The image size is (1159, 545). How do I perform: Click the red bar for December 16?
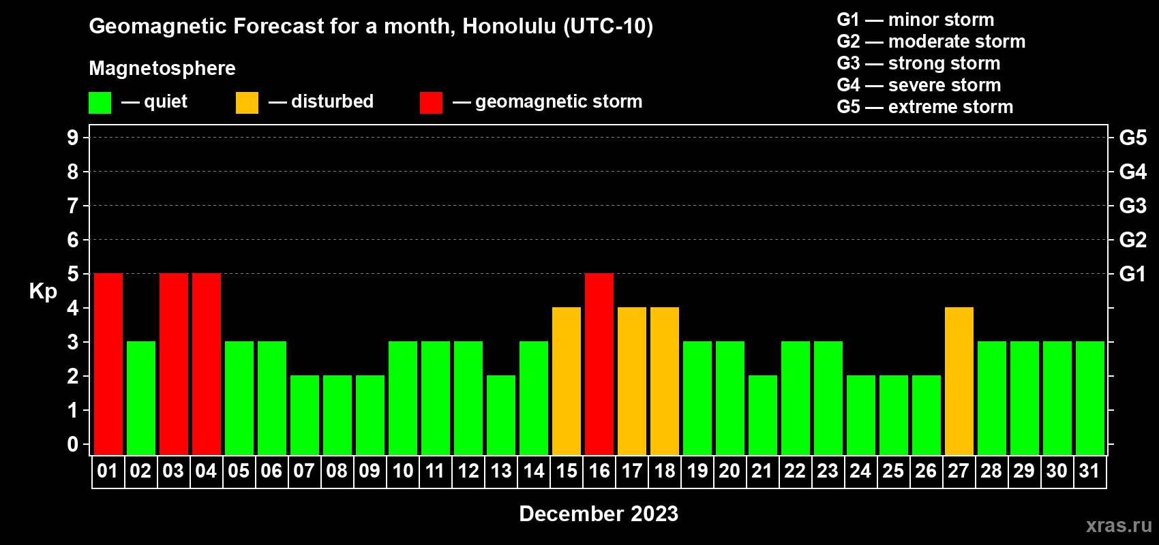[599, 364]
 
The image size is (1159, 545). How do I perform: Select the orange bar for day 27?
[959, 381]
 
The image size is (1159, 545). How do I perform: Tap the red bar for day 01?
[108, 364]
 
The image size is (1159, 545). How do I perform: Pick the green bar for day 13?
[501, 415]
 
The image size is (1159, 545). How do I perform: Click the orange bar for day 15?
[567, 381]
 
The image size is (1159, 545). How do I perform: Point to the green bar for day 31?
[1090, 398]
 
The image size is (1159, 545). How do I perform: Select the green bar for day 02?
[141, 398]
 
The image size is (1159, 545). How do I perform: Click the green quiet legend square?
[100, 102]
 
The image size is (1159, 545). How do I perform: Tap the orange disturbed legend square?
[247, 102]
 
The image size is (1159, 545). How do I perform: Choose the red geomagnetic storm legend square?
[431, 102]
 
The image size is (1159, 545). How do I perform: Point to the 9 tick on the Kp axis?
[72, 138]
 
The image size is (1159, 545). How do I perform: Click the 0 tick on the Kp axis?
[72, 444]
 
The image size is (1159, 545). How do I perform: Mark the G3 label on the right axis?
[1132, 206]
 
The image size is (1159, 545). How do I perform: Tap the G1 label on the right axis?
[1132, 274]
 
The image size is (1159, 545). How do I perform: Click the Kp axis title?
[43, 292]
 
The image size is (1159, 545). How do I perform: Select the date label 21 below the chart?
[762, 471]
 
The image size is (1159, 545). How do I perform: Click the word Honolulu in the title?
[509, 26]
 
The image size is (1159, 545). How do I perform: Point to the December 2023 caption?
[599, 514]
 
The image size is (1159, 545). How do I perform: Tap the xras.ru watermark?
[1119, 526]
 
